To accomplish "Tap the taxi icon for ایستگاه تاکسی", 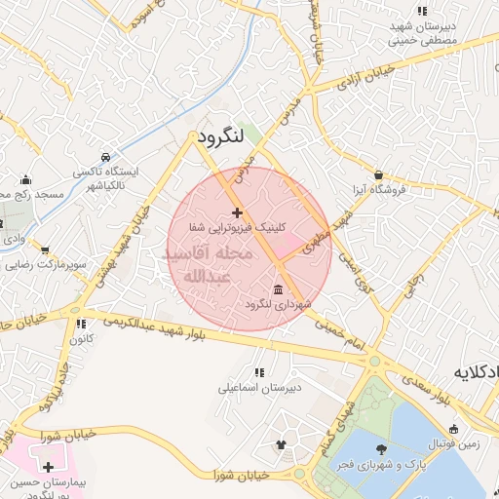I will point(104,157).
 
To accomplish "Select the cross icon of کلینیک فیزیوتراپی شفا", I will point(237,212).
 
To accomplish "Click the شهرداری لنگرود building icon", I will point(279,290).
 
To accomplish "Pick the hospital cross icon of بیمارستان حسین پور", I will point(48,468).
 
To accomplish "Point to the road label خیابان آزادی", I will point(369,72).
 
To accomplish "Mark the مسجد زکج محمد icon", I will point(25,179).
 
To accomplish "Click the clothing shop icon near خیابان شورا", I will point(283,445).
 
